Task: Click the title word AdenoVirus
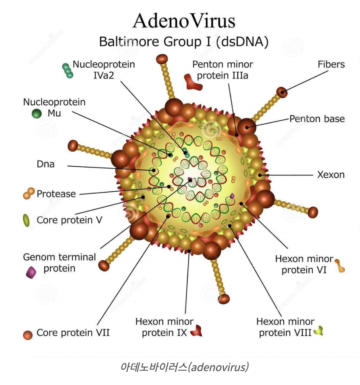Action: (184, 20)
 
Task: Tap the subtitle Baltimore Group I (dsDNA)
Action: (184, 42)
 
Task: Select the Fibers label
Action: (331, 64)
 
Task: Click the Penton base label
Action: (317, 119)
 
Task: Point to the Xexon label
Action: (331, 174)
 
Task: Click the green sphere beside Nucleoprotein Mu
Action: (37, 114)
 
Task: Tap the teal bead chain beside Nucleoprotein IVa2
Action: (68, 70)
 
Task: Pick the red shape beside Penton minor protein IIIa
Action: (193, 81)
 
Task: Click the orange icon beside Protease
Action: (29, 193)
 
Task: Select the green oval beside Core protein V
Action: (26, 220)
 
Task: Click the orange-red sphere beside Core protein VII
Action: (27, 335)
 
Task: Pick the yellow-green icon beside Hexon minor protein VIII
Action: (318, 330)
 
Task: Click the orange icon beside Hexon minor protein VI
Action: (339, 266)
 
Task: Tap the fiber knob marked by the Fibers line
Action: (282, 92)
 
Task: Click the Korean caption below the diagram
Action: (184, 367)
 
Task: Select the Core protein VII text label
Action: (73, 333)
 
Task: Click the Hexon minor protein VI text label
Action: (304, 264)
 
